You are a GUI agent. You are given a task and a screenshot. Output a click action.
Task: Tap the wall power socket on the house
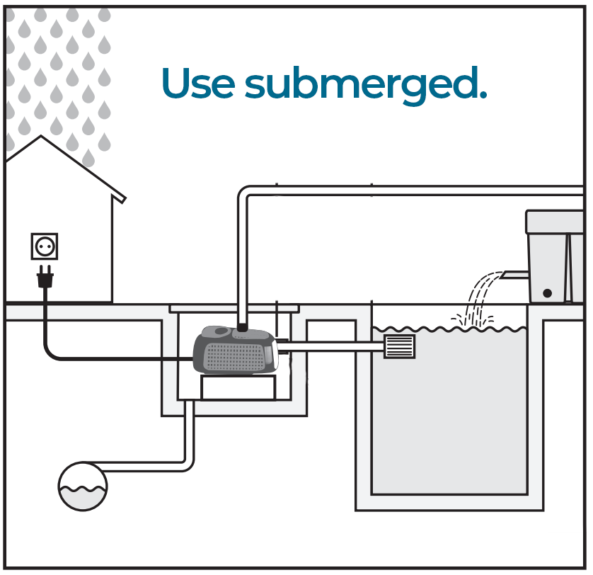[45, 246]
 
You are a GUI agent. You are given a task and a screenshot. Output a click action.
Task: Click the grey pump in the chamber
[237, 350]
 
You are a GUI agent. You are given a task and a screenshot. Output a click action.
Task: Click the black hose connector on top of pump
[242, 328]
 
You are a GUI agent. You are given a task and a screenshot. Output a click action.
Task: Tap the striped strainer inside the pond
[399, 346]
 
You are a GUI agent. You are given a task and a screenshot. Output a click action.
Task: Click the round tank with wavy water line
[82, 486]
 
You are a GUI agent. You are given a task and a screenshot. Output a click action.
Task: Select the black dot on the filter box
[547, 292]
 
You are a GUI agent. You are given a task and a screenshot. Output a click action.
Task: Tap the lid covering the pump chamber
[234, 308]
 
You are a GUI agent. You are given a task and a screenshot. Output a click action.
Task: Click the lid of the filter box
[555, 221]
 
